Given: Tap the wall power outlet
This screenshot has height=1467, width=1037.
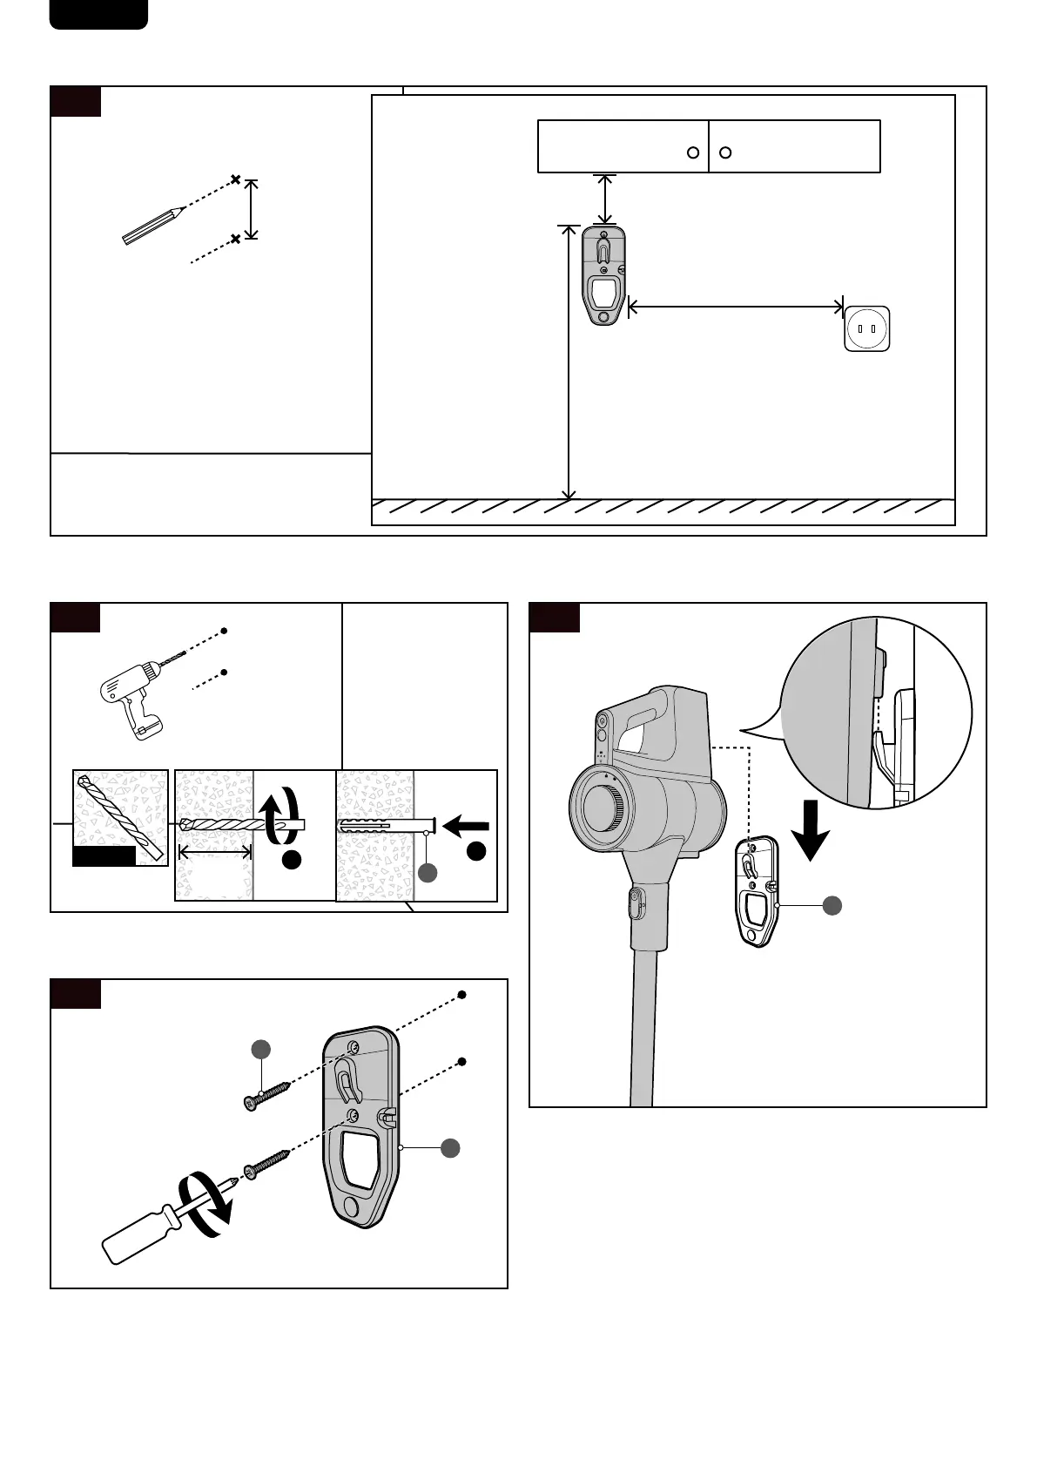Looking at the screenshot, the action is [x=866, y=328].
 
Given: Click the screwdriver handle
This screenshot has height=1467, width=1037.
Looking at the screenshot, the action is [x=139, y=1234].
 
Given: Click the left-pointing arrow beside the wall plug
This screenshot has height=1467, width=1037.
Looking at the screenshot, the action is [x=466, y=824].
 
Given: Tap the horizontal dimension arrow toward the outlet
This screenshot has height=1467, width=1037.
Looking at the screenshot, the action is [x=736, y=307].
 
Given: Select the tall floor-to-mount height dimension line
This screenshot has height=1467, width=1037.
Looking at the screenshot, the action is [x=569, y=362].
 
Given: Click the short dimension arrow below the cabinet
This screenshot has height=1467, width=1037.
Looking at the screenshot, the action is [x=604, y=199].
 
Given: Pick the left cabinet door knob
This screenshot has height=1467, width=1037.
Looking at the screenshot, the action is [x=693, y=152].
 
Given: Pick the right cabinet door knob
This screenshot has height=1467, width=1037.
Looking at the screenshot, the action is [x=725, y=152].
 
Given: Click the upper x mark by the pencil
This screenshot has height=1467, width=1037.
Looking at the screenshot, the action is [x=235, y=180].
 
